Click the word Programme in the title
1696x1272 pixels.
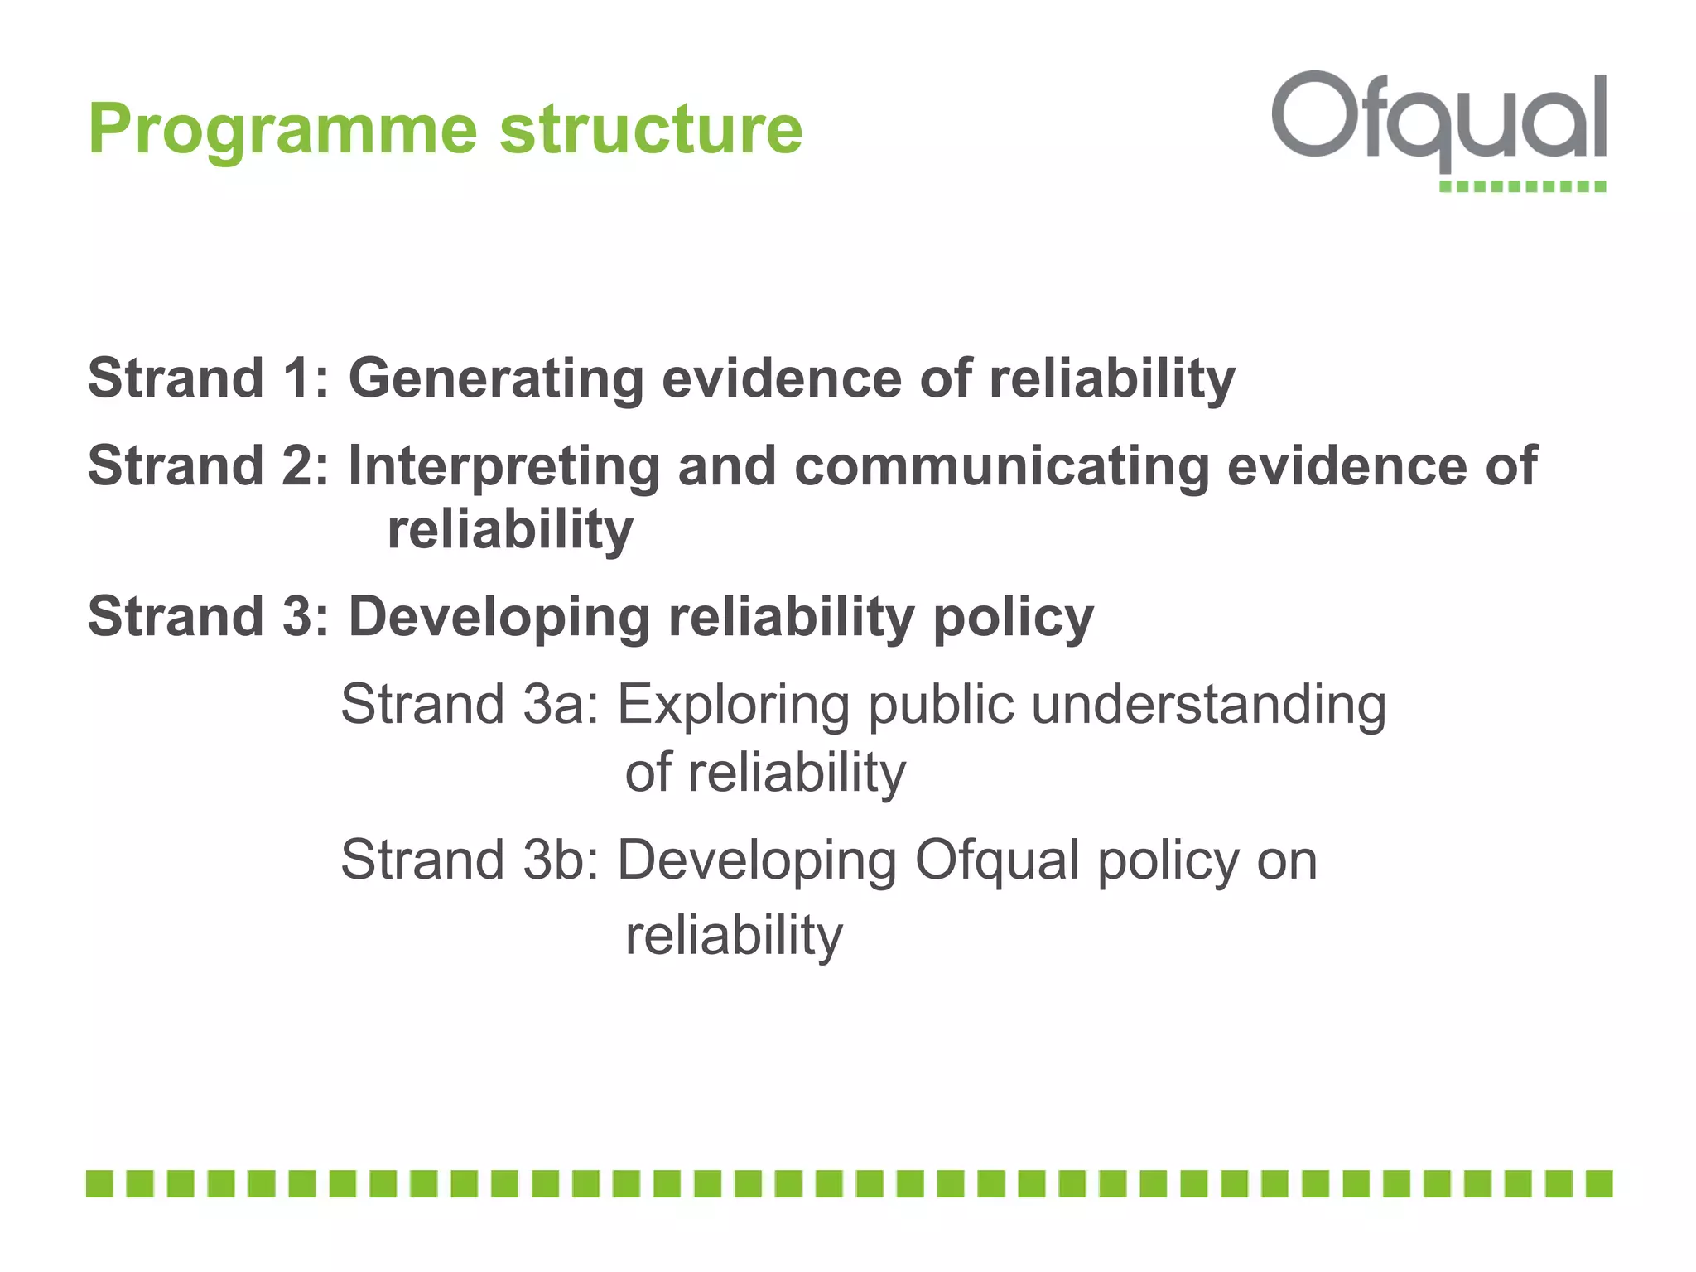[x=282, y=130]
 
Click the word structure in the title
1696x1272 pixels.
[x=651, y=130]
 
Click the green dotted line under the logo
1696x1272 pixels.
[x=1522, y=186]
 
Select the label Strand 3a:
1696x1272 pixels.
[x=470, y=705]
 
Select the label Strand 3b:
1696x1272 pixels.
[x=470, y=860]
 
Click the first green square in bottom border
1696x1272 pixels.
[x=99, y=1183]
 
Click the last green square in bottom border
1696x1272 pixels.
[x=1599, y=1183]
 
